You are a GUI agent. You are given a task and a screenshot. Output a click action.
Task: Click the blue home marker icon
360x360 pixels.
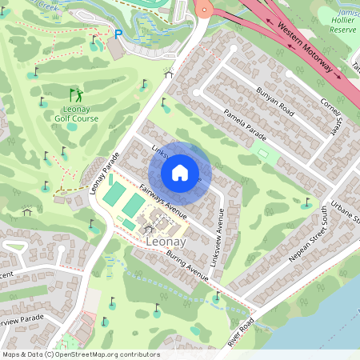point(180,172)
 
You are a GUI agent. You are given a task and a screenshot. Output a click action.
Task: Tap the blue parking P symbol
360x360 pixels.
point(118,35)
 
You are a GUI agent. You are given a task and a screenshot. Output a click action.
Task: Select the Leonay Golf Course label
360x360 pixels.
point(77,111)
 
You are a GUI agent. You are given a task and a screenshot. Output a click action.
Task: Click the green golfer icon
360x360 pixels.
point(76,94)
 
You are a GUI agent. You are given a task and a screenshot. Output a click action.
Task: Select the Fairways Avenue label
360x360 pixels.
point(162,201)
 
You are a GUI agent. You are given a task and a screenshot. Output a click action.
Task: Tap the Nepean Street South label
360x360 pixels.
point(306,239)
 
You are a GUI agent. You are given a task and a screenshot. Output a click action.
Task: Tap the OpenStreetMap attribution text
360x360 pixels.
point(81,354)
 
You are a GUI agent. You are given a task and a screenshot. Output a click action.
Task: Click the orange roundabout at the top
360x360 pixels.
point(204,9)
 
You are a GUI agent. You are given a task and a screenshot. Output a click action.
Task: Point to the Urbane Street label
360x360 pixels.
point(346,202)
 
